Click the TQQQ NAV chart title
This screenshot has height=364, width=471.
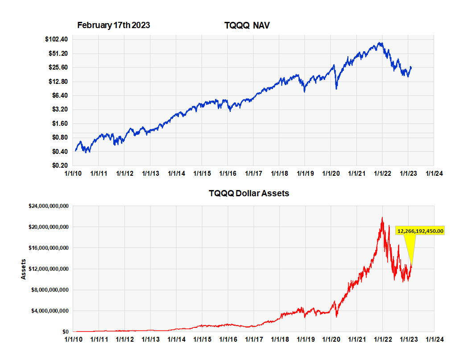[247, 26]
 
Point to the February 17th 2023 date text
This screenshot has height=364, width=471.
[113, 25]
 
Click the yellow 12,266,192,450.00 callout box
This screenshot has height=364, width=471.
[421, 231]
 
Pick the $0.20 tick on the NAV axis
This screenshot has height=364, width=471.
[59, 165]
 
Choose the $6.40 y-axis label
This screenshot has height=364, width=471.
[59, 95]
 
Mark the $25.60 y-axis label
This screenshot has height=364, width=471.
[58, 67]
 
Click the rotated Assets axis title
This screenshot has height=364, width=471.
[24, 269]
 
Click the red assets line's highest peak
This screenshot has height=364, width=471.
[382, 218]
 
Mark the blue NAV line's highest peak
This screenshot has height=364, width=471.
[380, 43]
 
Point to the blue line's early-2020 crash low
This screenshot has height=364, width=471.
[336, 89]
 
